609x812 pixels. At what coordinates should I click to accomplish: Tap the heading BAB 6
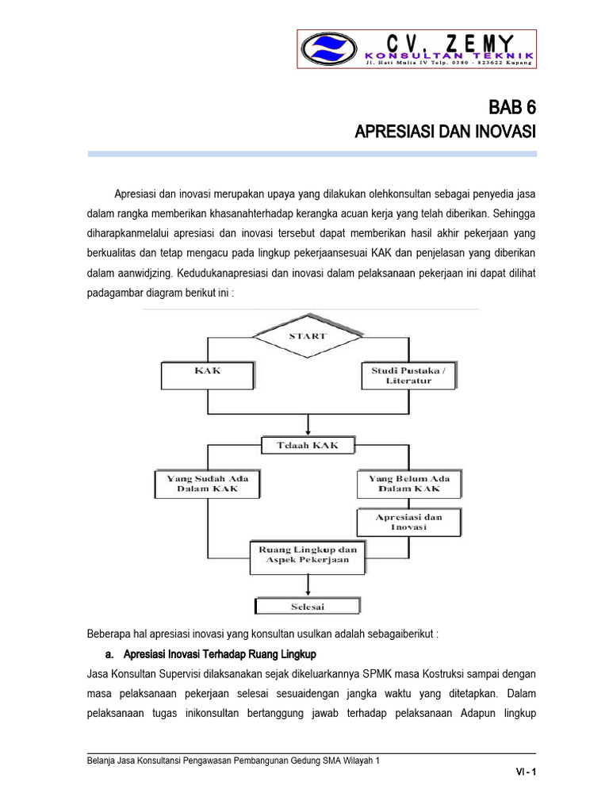pos(511,107)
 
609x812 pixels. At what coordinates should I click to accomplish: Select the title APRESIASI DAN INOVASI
pos(445,131)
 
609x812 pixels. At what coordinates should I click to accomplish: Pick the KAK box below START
pos(208,370)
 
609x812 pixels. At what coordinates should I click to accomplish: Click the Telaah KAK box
pos(308,445)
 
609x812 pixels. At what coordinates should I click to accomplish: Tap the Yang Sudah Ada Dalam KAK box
pos(207,484)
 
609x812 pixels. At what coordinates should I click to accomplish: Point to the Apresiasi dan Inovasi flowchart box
pos(409,522)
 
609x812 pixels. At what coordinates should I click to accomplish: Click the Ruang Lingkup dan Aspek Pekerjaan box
pos(308,554)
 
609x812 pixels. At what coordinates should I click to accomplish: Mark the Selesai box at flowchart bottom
pos(308,607)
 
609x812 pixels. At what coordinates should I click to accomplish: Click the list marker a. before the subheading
pos(109,654)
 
